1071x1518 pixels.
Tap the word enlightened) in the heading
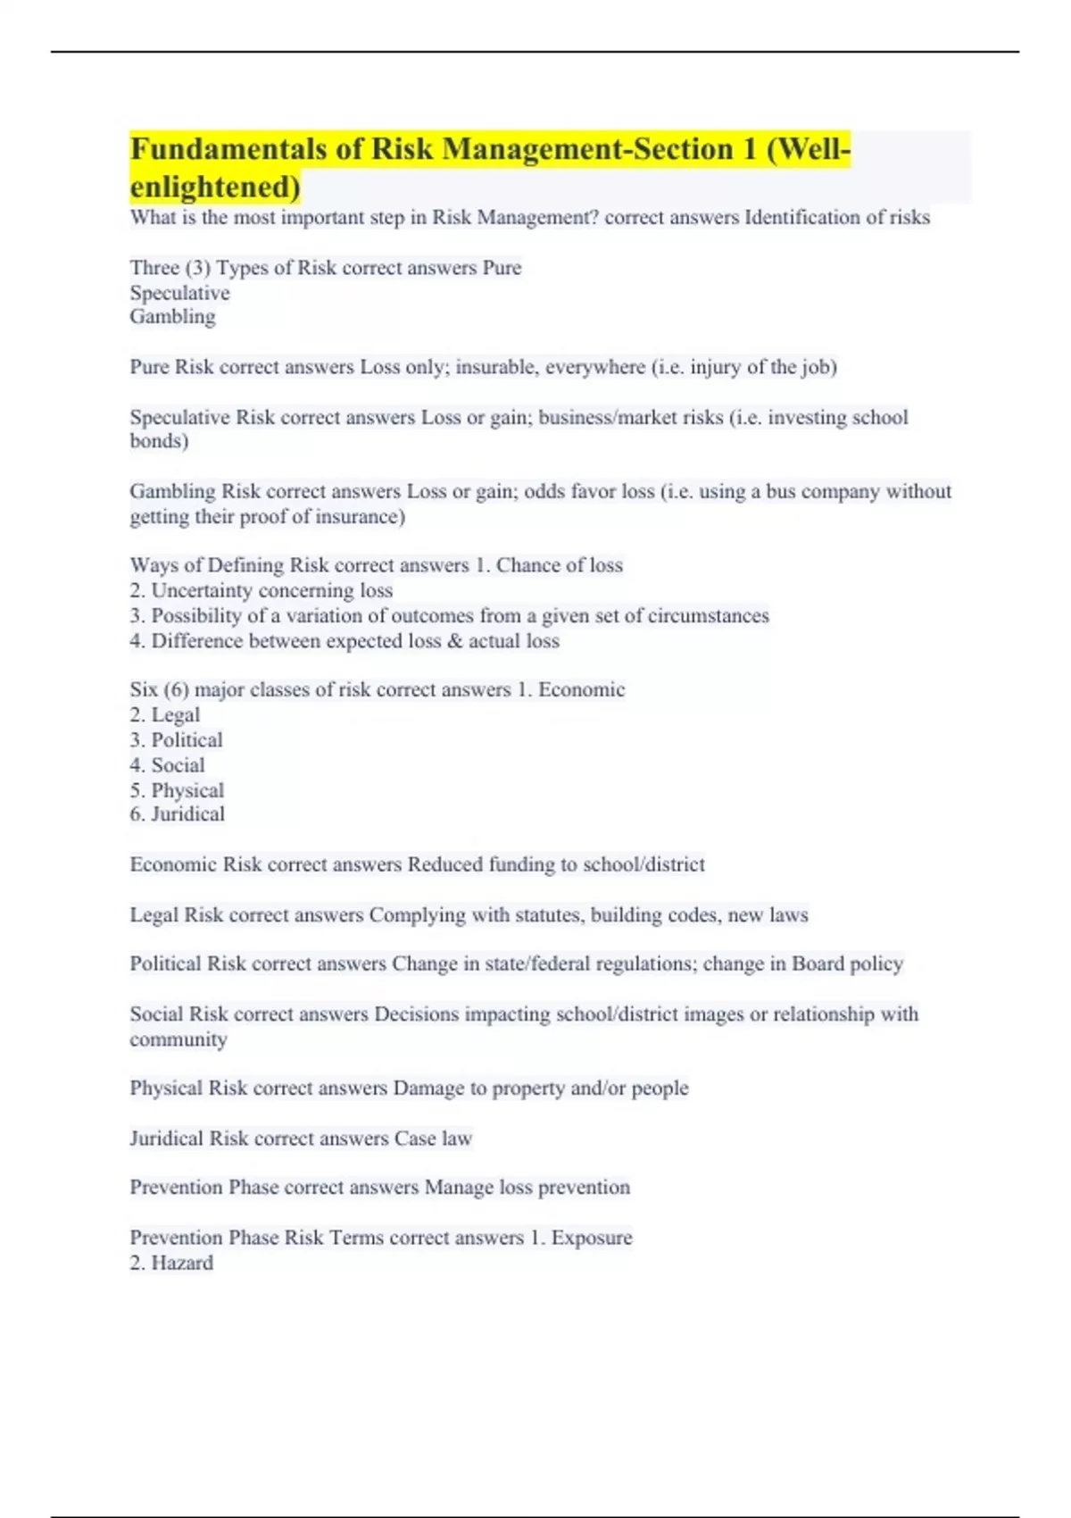click(215, 187)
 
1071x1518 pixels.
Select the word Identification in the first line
click(802, 218)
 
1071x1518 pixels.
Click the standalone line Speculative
click(179, 293)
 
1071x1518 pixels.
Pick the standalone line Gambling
click(172, 317)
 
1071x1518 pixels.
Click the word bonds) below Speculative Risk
click(159, 441)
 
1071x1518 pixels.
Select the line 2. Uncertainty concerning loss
click(261, 591)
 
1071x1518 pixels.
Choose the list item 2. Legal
click(165, 715)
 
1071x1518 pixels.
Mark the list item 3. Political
click(176, 740)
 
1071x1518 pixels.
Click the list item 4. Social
click(167, 765)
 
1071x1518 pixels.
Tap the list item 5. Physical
click(177, 790)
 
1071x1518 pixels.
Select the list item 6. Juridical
click(177, 814)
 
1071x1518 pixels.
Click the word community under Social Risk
click(178, 1039)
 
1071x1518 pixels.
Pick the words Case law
click(433, 1138)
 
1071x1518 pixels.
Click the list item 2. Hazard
click(171, 1264)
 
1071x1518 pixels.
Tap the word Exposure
click(591, 1238)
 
